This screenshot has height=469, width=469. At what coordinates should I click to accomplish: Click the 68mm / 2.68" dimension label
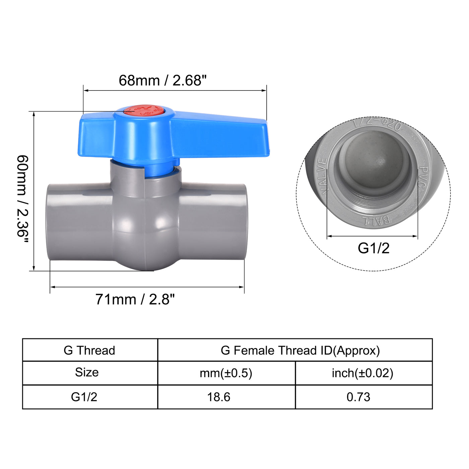click(162, 80)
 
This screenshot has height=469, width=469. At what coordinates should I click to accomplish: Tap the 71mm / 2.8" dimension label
click(135, 299)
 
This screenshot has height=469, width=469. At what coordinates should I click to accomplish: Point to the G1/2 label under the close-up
click(374, 248)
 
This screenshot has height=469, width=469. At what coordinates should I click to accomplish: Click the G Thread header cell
click(89, 350)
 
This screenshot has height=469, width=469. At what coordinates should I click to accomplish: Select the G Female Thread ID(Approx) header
click(300, 350)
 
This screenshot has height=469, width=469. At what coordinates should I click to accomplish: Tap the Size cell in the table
click(87, 373)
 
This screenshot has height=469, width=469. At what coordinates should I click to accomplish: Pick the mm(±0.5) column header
click(226, 373)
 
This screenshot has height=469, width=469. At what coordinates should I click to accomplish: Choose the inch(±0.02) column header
click(362, 373)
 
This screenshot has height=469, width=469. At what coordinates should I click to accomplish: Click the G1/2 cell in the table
click(84, 397)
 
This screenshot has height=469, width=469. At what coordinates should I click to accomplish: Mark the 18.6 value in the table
click(218, 397)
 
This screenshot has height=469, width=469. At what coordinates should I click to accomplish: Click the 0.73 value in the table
click(358, 397)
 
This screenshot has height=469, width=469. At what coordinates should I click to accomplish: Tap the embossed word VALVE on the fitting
click(322, 176)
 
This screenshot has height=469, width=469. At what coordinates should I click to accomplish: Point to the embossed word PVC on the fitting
click(423, 178)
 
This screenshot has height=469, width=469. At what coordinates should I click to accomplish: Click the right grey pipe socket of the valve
click(212, 222)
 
